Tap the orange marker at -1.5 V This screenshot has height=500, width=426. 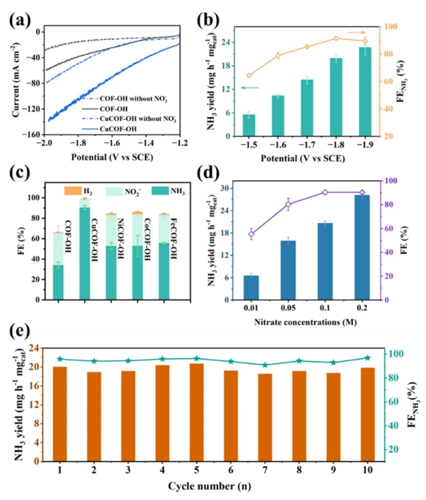[x=249, y=75]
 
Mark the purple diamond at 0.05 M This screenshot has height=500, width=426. [x=288, y=204]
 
